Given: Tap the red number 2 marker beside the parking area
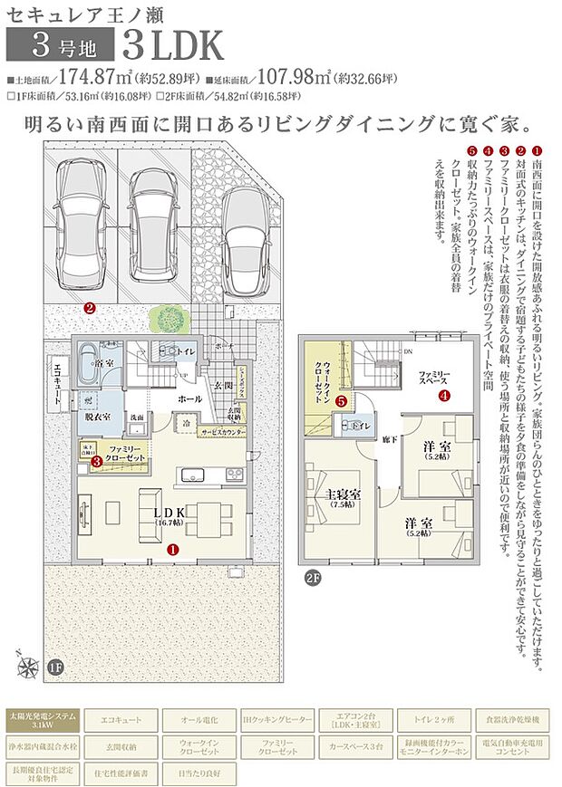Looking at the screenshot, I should click(x=89, y=308).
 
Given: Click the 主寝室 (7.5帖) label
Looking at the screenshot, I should click(x=344, y=497).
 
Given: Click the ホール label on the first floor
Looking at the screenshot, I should click(x=189, y=398).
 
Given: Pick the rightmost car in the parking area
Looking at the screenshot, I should click(x=247, y=240).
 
